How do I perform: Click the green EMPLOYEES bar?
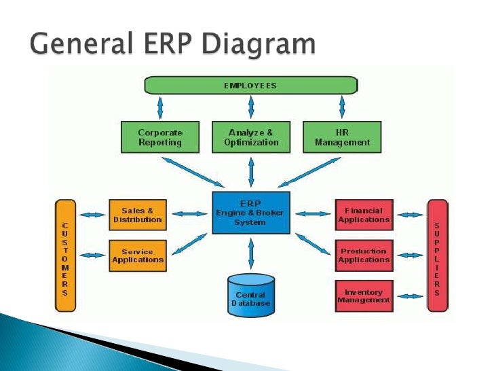pyautogui.click(x=250, y=85)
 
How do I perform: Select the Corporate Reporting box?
pyautogui.click(x=159, y=137)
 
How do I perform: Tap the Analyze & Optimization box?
pyautogui.click(x=251, y=137)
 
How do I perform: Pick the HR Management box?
pyautogui.click(x=343, y=137)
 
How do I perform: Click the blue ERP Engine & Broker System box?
pyautogui.click(x=250, y=213)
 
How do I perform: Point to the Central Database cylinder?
pyautogui.click(x=250, y=296)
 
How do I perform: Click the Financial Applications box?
pyautogui.click(x=364, y=215)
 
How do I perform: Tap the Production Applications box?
pyautogui.click(x=364, y=255)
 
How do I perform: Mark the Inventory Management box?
pyautogui.click(x=364, y=296)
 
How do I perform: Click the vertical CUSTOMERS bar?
pyautogui.click(x=65, y=255)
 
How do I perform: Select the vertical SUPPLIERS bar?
pyautogui.click(x=437, y=255)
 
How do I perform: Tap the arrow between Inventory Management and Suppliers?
pyautogui.click(x=409, y=296)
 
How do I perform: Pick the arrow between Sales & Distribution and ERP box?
pyautogui.click(x=189, y=214)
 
